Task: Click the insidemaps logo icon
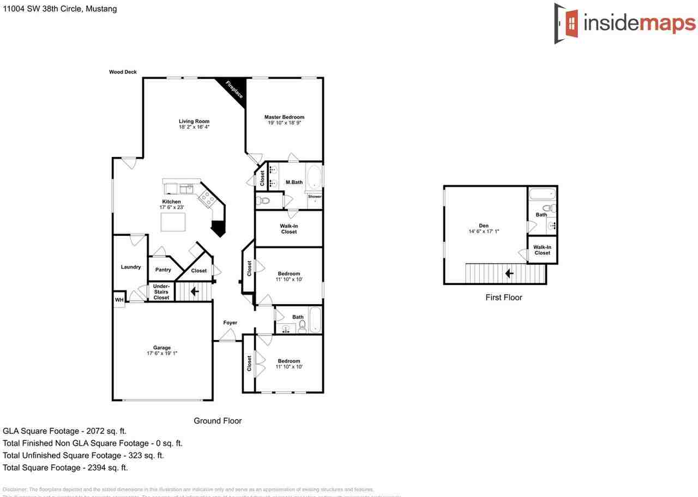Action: [567, 23]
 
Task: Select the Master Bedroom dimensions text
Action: [284, 123]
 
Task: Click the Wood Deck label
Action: [123, 72]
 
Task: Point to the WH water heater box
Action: [119, 300]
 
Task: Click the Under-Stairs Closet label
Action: [161, 292]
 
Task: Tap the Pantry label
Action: [163, 270]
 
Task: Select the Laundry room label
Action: [131, 267]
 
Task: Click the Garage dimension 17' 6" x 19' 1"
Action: [162, 354]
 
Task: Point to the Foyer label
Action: [230, 323]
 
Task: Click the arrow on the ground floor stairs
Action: [194, 292]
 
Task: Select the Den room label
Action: [484, 226]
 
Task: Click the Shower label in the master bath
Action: [315, 197]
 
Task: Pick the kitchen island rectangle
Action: [173, 222]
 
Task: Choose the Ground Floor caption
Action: [218, 421]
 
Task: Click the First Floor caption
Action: [504, 298]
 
